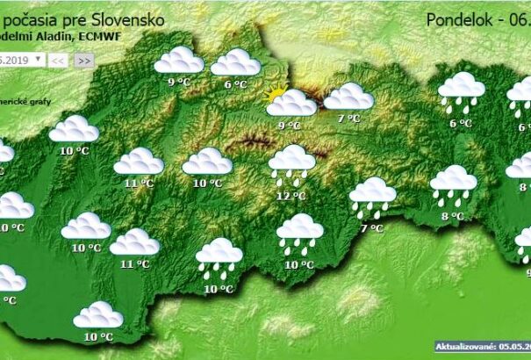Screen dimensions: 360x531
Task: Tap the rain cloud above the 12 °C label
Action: pos(292,162)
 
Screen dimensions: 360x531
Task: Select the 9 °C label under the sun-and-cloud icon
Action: pos(289,126)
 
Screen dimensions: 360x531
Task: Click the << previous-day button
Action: pos(57,60)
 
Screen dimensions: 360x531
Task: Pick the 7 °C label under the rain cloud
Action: pos(372,228)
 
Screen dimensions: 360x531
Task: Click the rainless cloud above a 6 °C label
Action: pos(235,62)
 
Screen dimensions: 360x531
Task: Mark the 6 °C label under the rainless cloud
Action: pos(234,84)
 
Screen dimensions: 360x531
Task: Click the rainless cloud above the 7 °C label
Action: pos(348,96)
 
